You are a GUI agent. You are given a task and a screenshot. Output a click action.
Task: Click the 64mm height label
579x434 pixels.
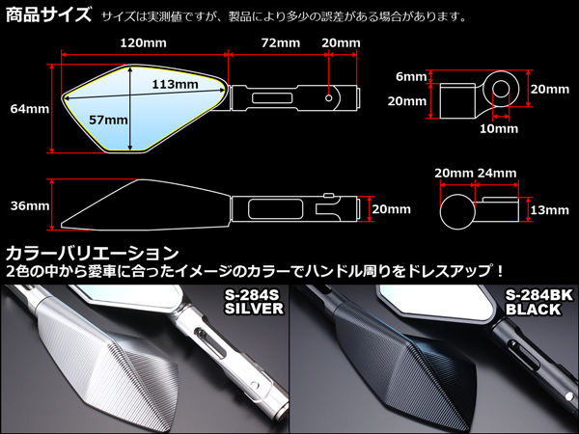[x=27, y=109]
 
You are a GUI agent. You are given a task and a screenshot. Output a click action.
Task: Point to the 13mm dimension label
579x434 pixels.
[x=548, y=211]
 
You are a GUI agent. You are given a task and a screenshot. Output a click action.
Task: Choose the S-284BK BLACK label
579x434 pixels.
[x=537, y=302]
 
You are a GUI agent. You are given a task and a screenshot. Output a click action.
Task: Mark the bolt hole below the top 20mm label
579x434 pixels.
[x=331, y=97]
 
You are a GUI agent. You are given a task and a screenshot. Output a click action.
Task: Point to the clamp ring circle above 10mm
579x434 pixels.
[x=502, y=93]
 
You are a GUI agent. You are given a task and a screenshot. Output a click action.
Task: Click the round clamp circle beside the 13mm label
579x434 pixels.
[x=457, y=211]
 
